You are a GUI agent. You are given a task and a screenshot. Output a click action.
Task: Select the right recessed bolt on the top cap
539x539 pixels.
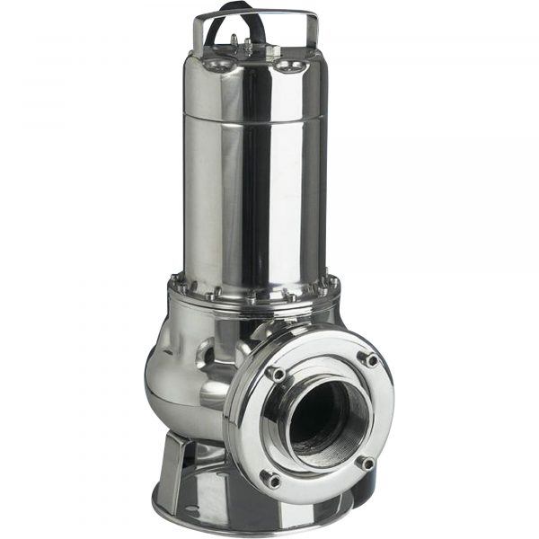[x=287, y=66]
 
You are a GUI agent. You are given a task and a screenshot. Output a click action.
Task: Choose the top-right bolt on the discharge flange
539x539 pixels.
[x=368, y=358]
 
